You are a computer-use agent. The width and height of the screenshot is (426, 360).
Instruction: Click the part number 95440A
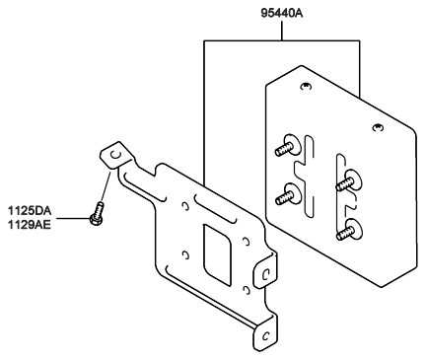pyautogui.click(x=282, y=14)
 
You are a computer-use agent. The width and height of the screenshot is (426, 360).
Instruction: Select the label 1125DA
pyautogui.click(x=30, y=210)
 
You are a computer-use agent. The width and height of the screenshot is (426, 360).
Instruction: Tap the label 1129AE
pyautogui.click(x=30, y=225)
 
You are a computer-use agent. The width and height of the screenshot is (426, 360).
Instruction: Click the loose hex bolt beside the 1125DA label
pyautogui.click(x=98, y=214)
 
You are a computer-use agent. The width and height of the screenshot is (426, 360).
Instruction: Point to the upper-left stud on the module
pyautogui.click(x=287, y=145)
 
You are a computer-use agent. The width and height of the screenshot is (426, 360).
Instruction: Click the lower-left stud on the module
pyautogui.click(x=288, y=194)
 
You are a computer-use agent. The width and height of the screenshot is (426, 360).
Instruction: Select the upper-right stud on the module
pyautogui.click(x=349, y=180)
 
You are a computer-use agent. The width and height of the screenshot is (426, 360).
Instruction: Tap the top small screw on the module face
pyautogui.click(x=306, y=86)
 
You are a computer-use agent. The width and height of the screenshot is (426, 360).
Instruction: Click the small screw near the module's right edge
pyautogui.click(x=378, y=127)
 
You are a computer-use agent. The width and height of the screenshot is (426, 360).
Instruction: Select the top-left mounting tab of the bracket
pyautogui.click(x=116, y=156)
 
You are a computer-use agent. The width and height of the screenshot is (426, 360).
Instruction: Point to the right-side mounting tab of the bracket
pyautogui.click(x=265, y=272)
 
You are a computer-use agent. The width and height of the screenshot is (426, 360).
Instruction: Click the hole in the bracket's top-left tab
pyautogui.click(x=114, y=154)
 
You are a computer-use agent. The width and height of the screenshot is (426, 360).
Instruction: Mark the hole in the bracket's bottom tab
pyautogui.click(x=266, y=336)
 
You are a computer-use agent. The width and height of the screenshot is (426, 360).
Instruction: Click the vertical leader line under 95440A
pyautogui.click(x=282, y=31)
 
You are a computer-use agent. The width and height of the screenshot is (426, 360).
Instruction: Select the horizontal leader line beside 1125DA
pyautogui.click(x=73, y=218)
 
